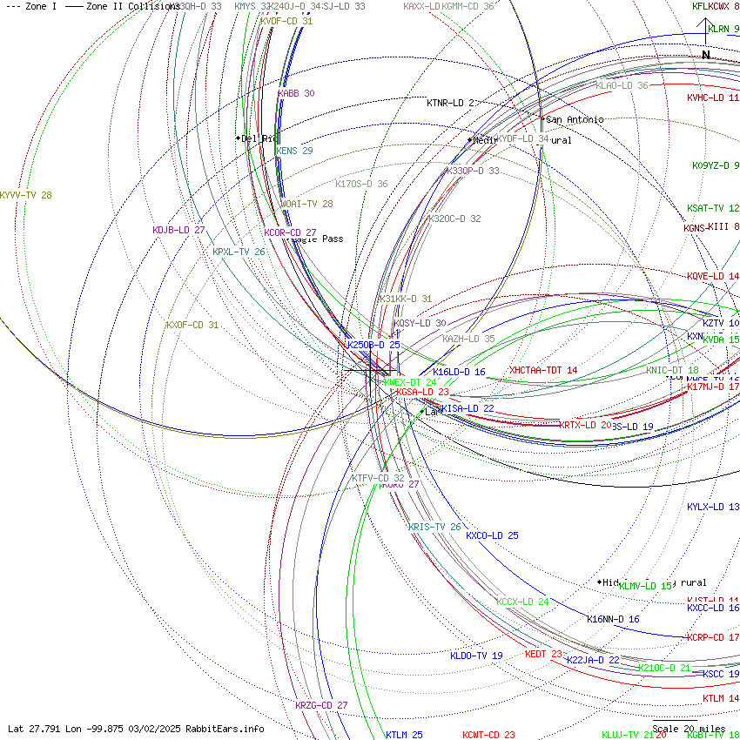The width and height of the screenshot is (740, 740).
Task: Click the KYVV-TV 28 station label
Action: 26,195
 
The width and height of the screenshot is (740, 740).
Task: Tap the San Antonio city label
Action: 574,119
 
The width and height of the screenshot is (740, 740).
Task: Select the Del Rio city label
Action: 259,138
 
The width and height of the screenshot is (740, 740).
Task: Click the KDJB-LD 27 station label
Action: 178,230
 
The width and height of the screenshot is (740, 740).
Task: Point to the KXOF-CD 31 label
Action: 192,325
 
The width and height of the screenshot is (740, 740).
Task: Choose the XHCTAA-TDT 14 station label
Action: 543,370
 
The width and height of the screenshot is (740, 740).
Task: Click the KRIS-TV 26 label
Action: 434,527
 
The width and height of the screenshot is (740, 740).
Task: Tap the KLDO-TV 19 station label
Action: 476,656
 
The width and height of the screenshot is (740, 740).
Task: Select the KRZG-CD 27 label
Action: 321,705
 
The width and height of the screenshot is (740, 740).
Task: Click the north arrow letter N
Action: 706,55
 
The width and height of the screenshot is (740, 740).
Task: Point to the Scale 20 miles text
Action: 689,729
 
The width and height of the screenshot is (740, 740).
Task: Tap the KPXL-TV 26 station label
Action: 239,252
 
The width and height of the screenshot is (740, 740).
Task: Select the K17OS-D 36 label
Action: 361,184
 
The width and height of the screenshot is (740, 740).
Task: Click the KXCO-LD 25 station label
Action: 492,535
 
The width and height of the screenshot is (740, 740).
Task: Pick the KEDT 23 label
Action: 543,654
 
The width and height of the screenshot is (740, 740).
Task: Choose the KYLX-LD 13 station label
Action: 713,507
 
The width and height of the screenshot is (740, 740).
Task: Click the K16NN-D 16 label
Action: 613,619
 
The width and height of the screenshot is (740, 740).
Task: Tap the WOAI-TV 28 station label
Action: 306,204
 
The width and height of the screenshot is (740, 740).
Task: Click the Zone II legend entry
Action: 122,6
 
